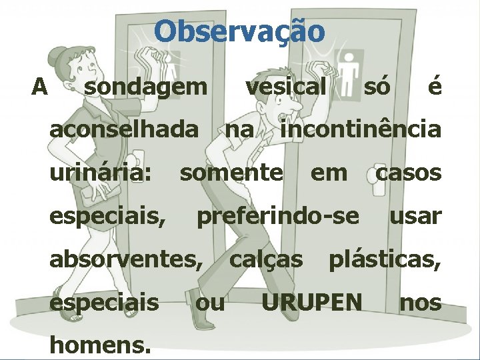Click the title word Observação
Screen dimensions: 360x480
tap(240, 31)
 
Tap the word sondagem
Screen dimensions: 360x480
tap(146, 86)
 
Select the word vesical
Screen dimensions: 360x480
tap(286, 86)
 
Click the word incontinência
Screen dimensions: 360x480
tap(361, 129)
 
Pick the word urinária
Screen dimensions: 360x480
tap(101, 173)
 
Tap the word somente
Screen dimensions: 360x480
tap(231, 173)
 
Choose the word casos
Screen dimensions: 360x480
tap(409, 173)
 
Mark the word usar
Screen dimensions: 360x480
tap(415, 216)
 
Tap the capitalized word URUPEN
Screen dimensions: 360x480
tap(311, 303)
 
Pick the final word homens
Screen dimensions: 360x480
tap(99, 344)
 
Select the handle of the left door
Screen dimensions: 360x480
tap(139, 160)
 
